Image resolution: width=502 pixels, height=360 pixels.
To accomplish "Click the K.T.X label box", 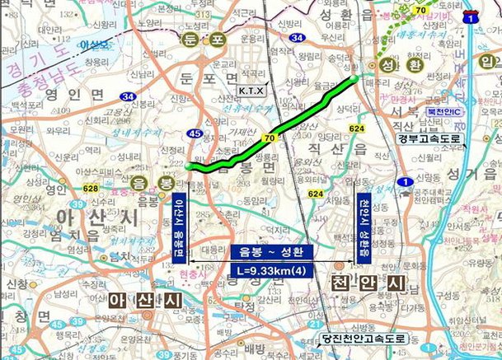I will (x=248, y=89).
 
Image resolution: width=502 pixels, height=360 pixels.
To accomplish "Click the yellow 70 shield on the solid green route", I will (x=269, y=137).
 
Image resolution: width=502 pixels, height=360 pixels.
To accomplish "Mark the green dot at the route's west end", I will (x=189, y=166).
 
